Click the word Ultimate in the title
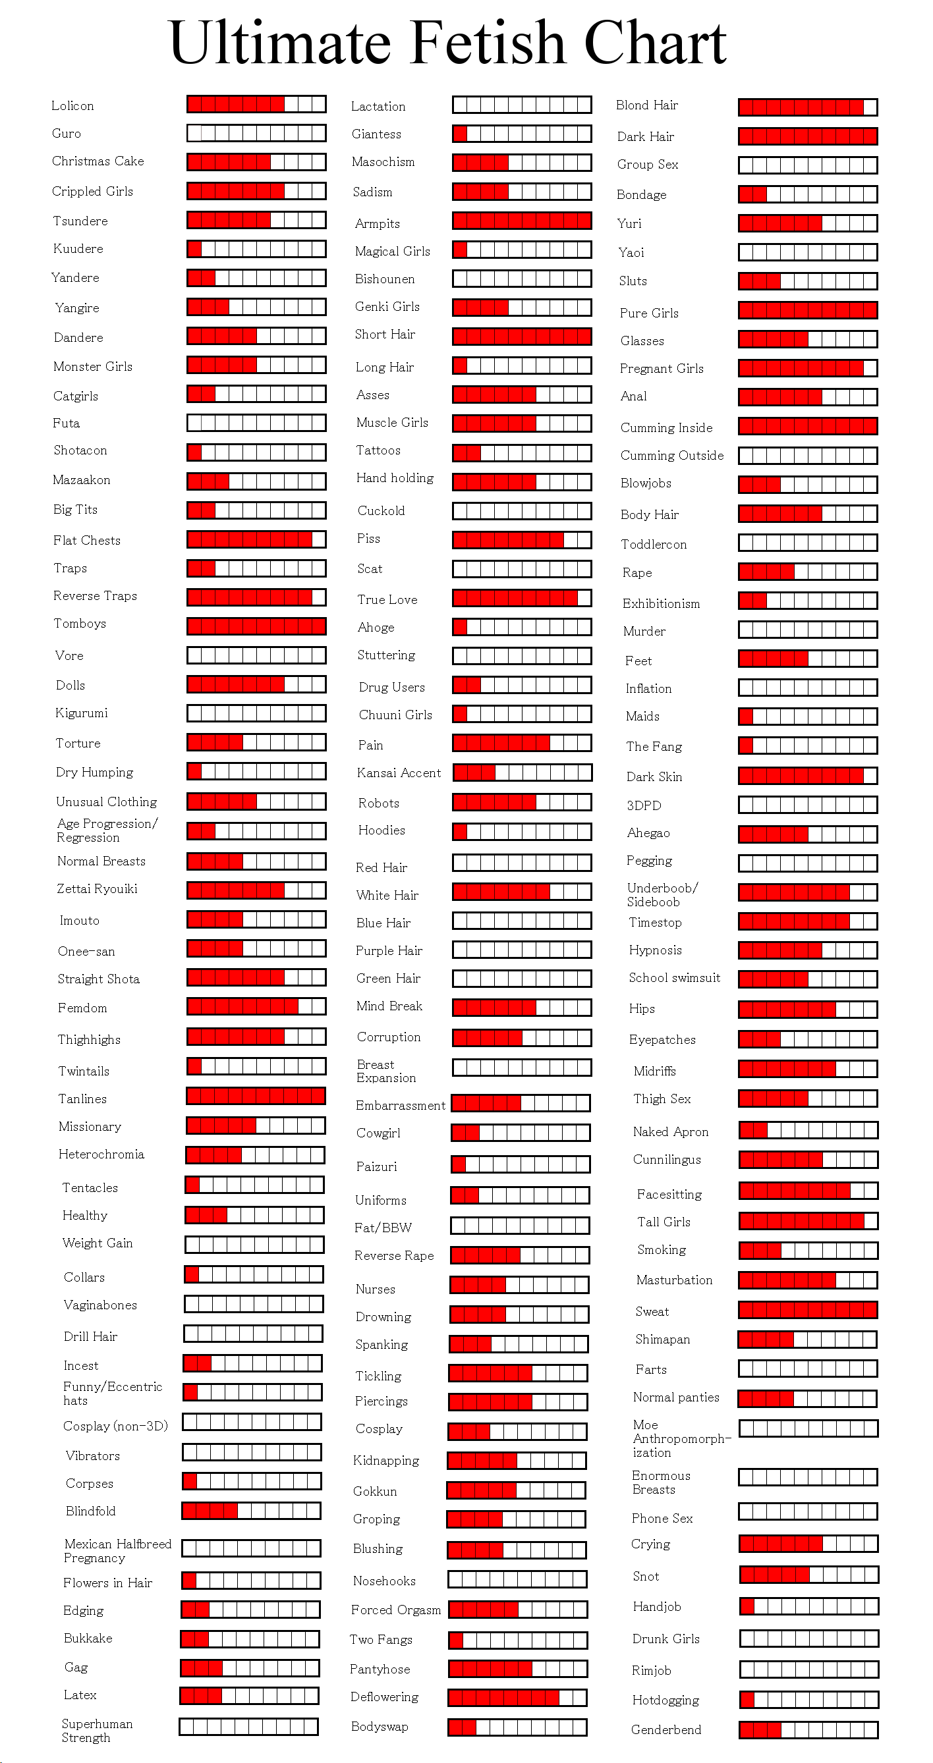pyautogui.click(x=279, y=42)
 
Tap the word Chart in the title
pyautogui.click(x=655, y=42)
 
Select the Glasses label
pyautogui.click(x=642, y=341)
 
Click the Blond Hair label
pyautogui.click(x=647, y=105)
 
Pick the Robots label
pyautogui.click(x=379, y=803)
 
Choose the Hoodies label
pyautogui.click(x=382, y=830)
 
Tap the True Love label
pyautogui.click(x=387, y=599)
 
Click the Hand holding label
pyautogui.click(x=394, y=477)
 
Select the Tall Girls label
pyautogui.click(x=664, y=1222)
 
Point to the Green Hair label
pyautogui.click(x=388, y=978)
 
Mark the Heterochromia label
pyautogui.click(x=101, y=1154)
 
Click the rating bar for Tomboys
pyautogui.click(x=257, y=626)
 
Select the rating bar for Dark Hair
pyautogui.click(x=808, y=136)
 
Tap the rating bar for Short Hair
pyautogui.click(x=522, y=336)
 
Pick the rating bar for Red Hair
pyautogui.click(x=522, y=862)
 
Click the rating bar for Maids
pyautogui.click(x=808, y=717)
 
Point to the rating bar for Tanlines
pyautogui.click(x=256, y=1096)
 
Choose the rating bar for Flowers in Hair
pyautogui.click(x=251, y=1581)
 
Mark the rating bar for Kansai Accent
pyautogui.click(x=522, y=773)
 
